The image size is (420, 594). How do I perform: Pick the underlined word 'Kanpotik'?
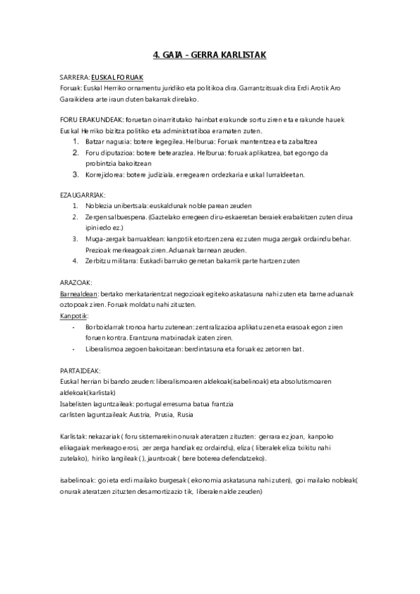pos(74,315)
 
